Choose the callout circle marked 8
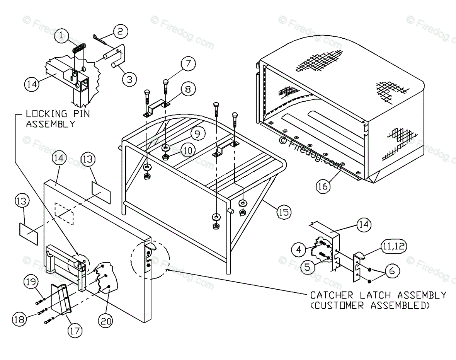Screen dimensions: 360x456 coord(187,90)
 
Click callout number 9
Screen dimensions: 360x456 coord(197,134)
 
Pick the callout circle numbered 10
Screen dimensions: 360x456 coord(187,150)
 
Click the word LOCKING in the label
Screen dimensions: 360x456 coord(43,114)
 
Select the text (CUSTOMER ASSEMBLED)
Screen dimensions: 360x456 coord(370,305)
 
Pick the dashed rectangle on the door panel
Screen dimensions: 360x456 coord(64,213)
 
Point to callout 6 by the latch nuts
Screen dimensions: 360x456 coord(392,271)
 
